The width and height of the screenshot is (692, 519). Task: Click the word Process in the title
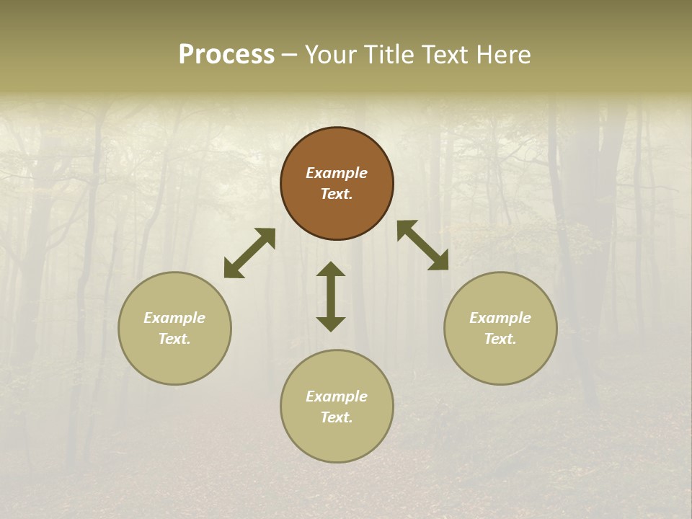pyautogui.click(x=226, y=55)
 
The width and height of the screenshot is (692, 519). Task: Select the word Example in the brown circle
pyautogui.click(x=337, y=173)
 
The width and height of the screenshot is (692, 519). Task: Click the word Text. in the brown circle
pyautogui.click(x=337, y=194)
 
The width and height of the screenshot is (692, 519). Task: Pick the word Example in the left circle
pyautogui.click(x=174, y=318)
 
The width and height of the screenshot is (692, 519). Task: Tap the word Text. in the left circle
pyautogui.click(x=174, y=339)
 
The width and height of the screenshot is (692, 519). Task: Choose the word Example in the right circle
pyautogui.click(x=500, y=318)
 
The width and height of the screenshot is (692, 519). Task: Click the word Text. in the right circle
pyautogui.click(x=500, y=339)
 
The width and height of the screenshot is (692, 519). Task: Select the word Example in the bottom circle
pyautogui.click(x=337, y=396)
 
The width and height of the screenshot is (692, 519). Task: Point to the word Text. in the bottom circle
pyautogui.click(x=337, y=417)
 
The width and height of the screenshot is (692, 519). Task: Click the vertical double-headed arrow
pyautogui.click(x=331, y=296)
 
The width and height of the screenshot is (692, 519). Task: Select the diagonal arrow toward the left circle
pyautogui.click(x=249, y=253)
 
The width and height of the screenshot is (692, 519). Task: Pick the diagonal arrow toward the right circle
pyautogui.click(x=423, y=245)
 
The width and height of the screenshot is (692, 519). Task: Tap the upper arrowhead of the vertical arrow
pyautogui.click(x=331, y=269)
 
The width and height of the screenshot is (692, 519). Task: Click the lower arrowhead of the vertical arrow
pyautogui.click(x=331, y=324)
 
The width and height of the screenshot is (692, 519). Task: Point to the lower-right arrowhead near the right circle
pyautogui.click(x=440, y=262)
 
